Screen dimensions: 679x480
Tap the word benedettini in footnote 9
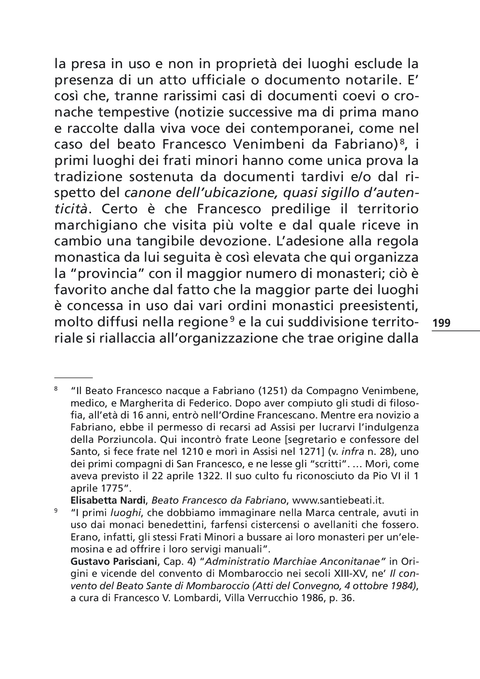(165, 525)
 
